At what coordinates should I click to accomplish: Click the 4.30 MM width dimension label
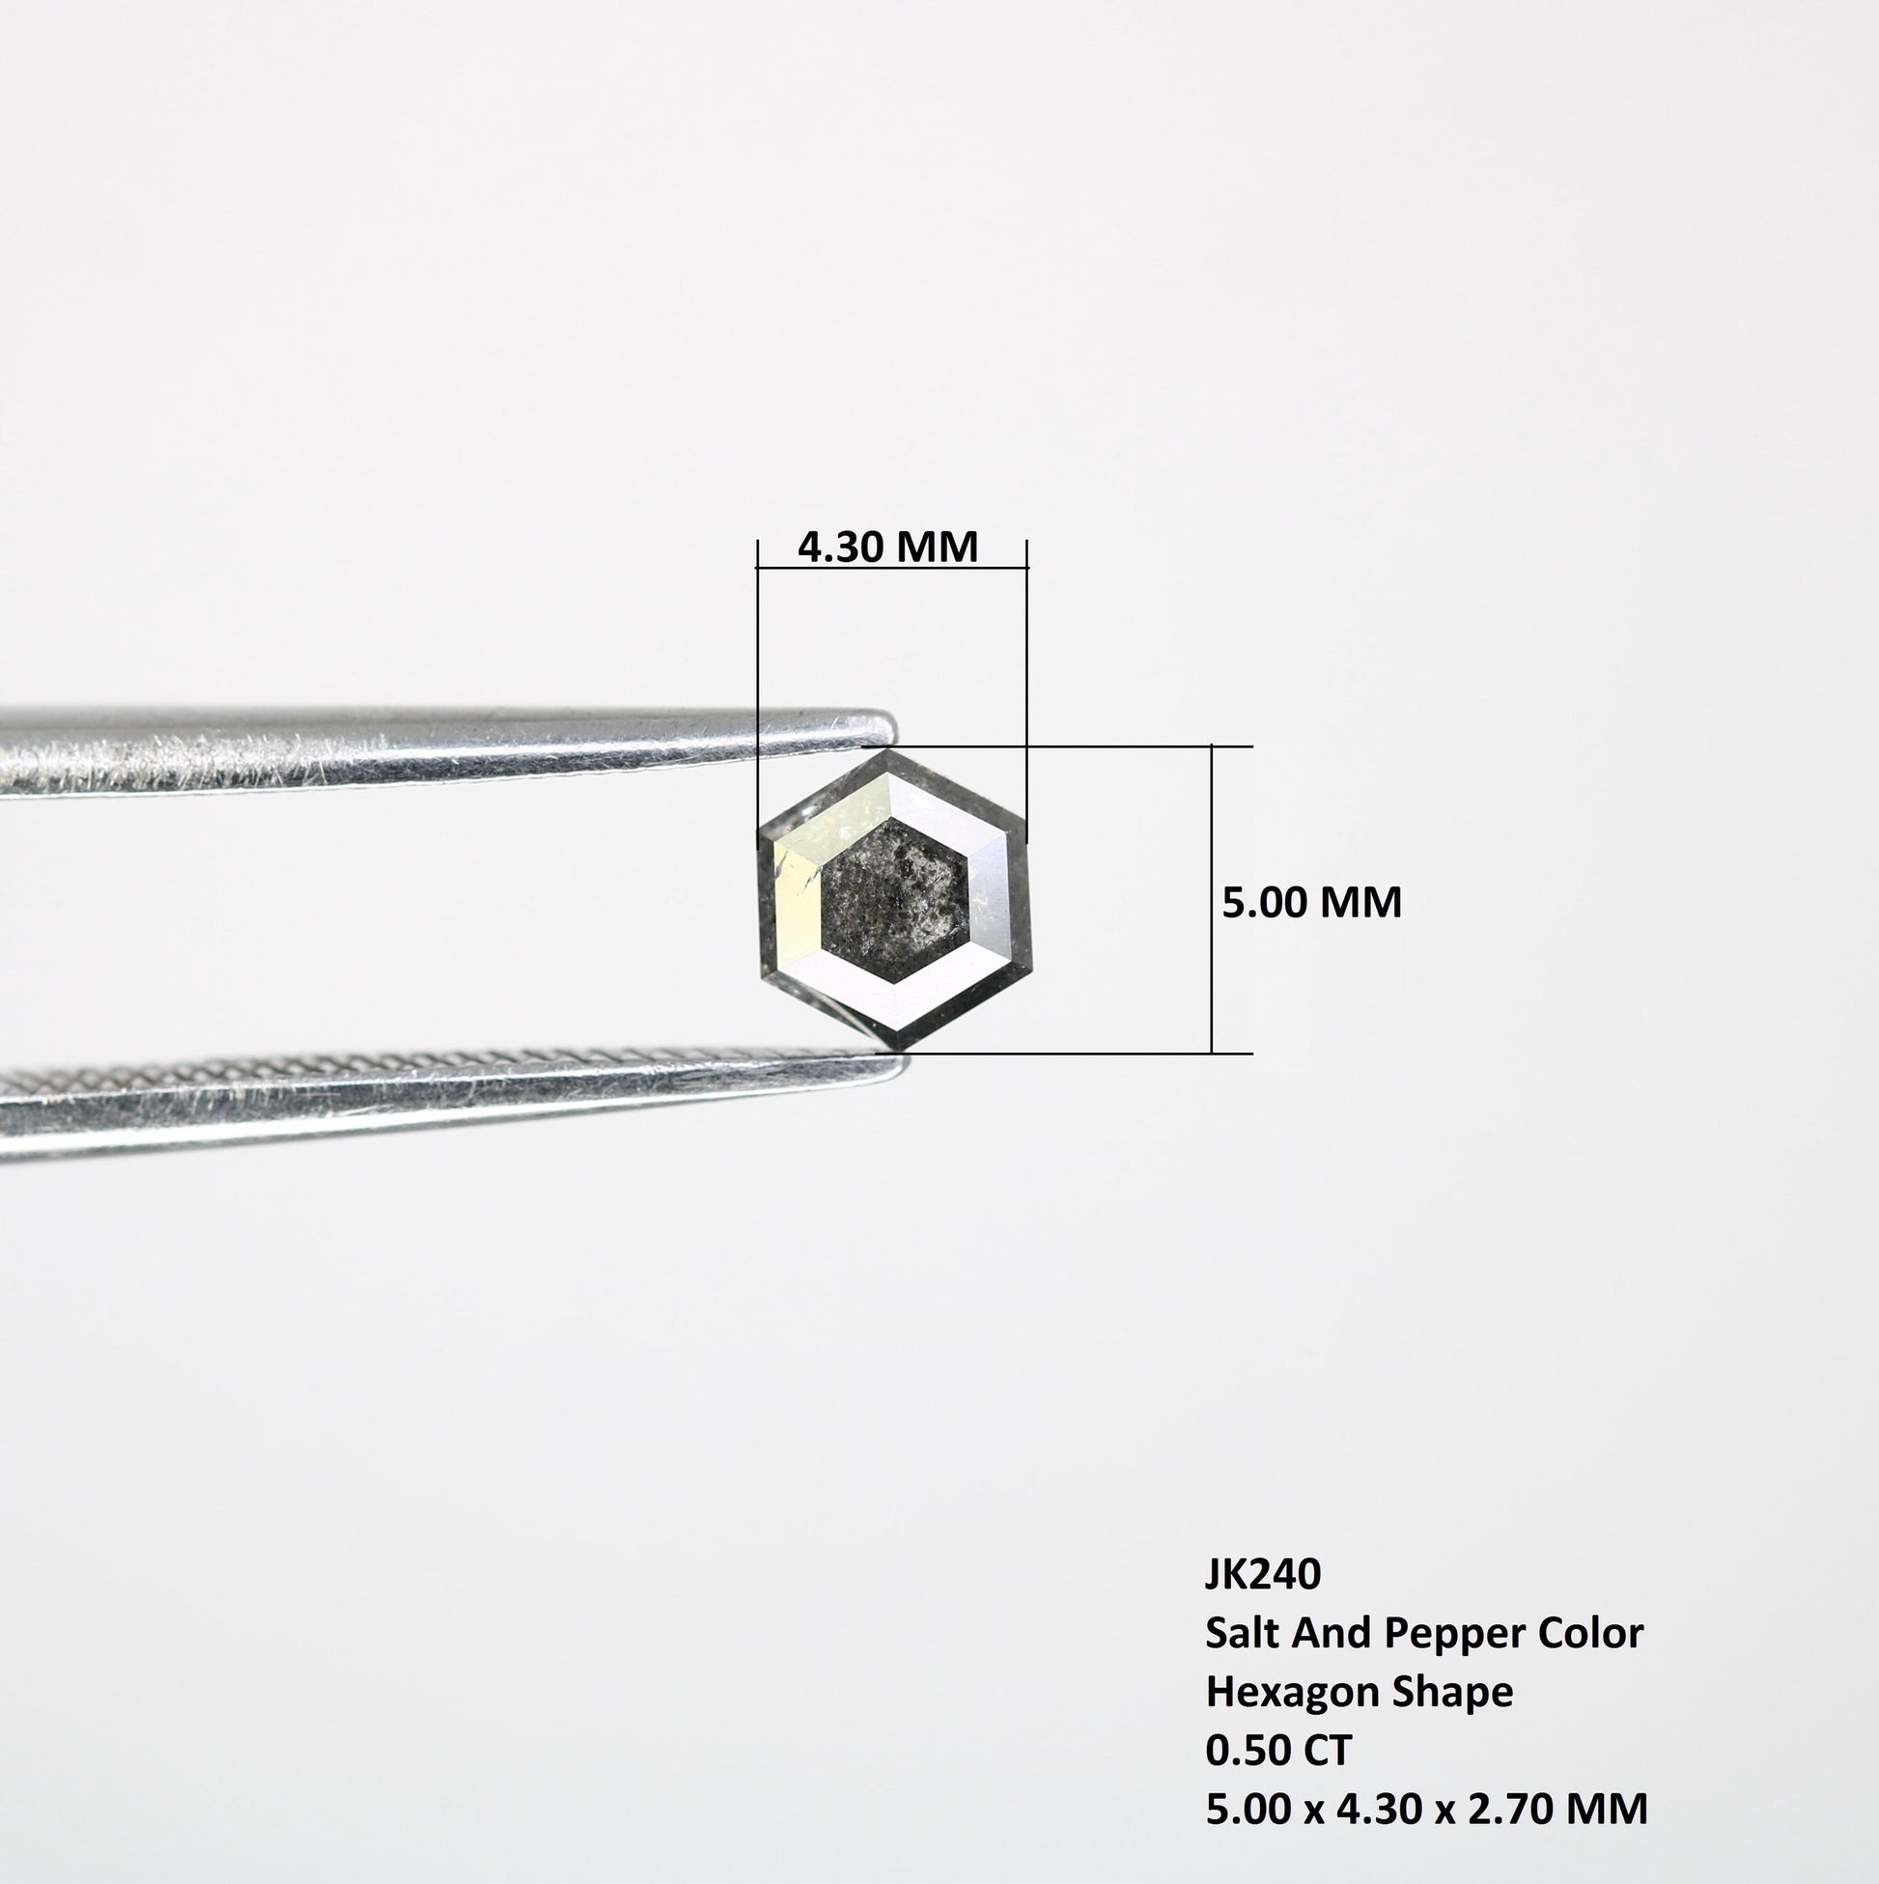pos(887,548)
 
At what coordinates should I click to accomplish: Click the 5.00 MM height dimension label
pos(1311,903)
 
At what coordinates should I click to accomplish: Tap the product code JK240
pos(1263,1575)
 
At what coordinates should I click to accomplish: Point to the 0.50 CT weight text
pos(1278,1752)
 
